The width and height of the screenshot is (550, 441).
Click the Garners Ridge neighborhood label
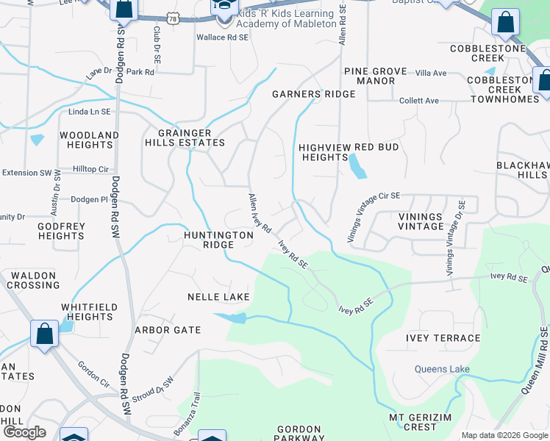(313, 94)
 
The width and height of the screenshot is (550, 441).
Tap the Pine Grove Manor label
(375, 76)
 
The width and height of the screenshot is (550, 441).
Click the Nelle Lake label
(218, 297)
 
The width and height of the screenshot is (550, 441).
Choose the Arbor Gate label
(168, 330)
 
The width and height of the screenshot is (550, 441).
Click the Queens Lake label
(442, 369)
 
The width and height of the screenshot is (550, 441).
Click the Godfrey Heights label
(61, 231)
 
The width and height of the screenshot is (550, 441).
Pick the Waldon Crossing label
(33, 280)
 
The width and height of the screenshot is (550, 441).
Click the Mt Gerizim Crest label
(423, 422)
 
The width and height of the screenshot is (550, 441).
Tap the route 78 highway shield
(173, 18)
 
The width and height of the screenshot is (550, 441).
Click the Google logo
(24, 432)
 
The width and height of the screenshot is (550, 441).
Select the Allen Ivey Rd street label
(260, 212)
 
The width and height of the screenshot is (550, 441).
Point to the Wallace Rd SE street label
(222, 37)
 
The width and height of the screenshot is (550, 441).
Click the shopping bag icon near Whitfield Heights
(45, 333)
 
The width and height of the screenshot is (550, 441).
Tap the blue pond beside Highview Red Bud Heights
(357, 167)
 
